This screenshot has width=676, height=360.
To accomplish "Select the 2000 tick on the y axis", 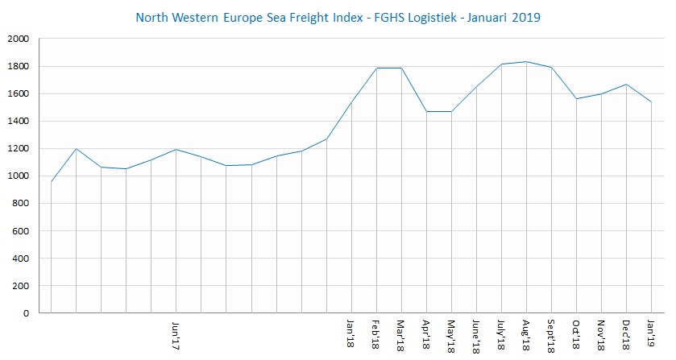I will click(18, 39).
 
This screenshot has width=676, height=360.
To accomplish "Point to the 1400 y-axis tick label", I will click(18, 121).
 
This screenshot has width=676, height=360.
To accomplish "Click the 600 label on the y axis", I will click(21, 231).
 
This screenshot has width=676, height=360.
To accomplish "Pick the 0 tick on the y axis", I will click(27, 313).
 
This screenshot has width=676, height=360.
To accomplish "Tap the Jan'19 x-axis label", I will click(651, 332).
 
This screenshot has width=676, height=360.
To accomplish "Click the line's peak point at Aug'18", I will click(526, 62).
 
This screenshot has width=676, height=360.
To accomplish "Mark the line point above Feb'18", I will click(375, 68).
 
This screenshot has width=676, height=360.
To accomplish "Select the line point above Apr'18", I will click(425, 112).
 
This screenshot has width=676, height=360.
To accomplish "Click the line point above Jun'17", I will click(176, 150).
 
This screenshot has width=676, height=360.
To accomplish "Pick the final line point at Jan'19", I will click(651, 102).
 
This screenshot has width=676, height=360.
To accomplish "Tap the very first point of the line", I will click(51, 182).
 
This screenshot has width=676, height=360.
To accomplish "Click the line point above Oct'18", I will click(576, 99).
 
